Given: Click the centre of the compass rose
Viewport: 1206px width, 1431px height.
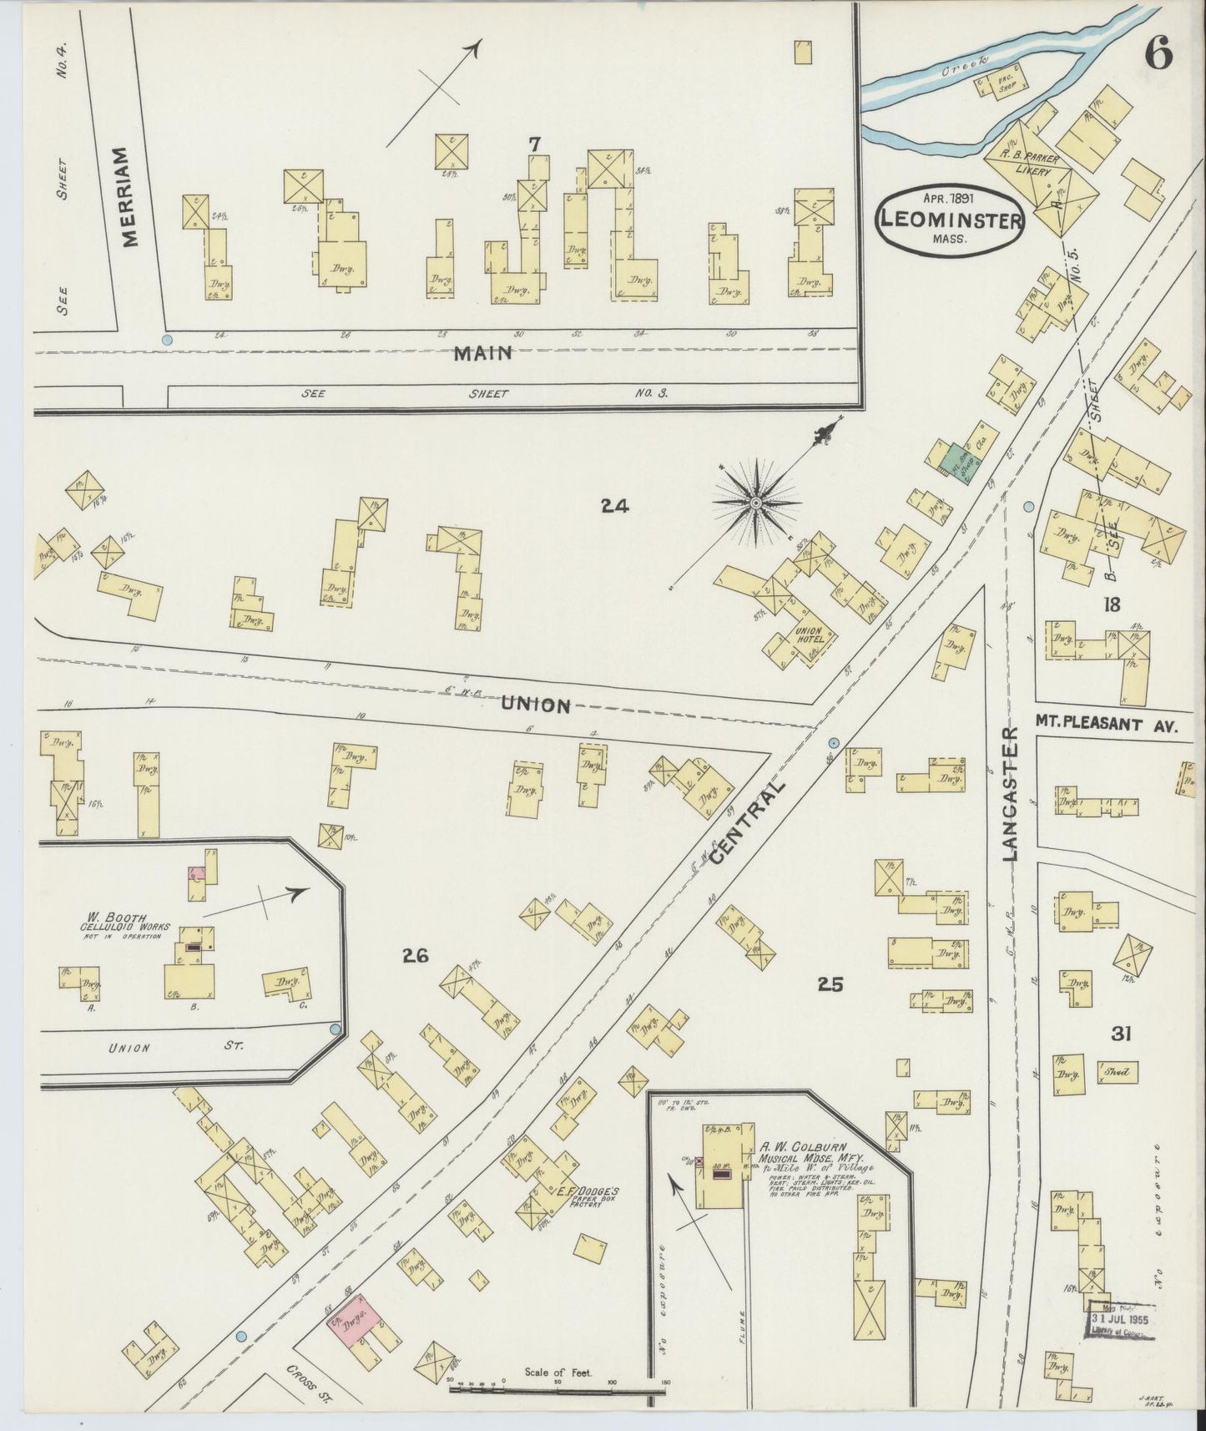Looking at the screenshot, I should pos(755,503).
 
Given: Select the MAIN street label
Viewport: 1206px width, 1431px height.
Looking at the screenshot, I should pos(482,353).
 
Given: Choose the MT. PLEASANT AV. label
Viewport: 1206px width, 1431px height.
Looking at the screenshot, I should pos(1106,726).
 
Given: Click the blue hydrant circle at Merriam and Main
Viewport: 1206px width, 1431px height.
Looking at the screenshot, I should pos(167,340).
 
